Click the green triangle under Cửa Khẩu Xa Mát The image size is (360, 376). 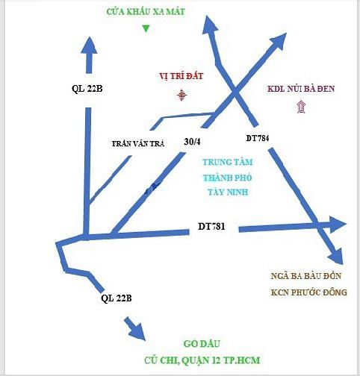tap(146, 29)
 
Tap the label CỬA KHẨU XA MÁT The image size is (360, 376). tap(146, 12)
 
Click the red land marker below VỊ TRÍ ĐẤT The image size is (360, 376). tap(181, 95)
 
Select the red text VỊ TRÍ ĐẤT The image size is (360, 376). tap(181, 76)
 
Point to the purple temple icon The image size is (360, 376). tap(301, 107)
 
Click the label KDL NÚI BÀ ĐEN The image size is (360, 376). tap(301, 89)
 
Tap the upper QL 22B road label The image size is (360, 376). tap(87, 89)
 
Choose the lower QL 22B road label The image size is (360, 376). tap(117, 298)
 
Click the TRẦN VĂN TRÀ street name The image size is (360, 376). tap(138, 143)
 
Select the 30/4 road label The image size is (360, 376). tap(192, 142)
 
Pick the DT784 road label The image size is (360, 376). tap(258, 138)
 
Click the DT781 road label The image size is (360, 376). tap(211, 226)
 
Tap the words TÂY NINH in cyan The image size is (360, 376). tap(228, 192)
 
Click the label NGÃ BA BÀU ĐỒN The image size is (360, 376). tap(306, 276)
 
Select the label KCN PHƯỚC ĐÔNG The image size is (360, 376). tap(309, 292)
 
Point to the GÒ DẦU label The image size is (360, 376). tap(202, 344)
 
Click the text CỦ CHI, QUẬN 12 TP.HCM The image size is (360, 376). tap(202, 360)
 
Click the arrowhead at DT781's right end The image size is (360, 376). tap(338, 225)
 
